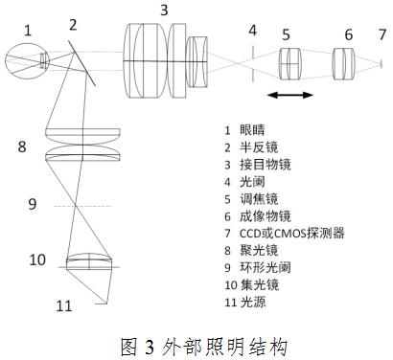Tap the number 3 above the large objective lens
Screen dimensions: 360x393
click(164, 11)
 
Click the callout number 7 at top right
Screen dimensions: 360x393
click(381, 34)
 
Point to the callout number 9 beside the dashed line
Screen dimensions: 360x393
click(33, 203)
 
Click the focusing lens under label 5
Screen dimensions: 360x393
click(289, 64)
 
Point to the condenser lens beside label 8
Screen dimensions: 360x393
click(83, 147)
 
